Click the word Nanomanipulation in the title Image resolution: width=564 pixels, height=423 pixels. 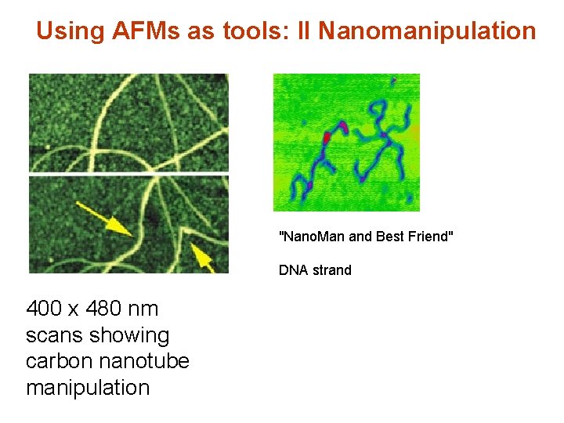(428, 31)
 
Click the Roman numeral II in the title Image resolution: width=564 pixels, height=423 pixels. (302, 31)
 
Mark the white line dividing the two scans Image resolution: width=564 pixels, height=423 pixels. (128, 172)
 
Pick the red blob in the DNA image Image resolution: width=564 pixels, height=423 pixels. (327, 138)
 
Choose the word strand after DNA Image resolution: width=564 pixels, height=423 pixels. (331, 270)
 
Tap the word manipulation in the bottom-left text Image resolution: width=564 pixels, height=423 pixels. (88, 388)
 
